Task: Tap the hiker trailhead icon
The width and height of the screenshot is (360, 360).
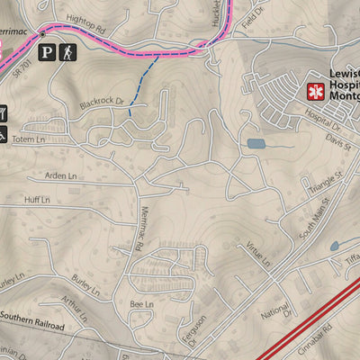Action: [x=68, y=53]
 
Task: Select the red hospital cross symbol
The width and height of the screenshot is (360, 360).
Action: [x=315, y=91]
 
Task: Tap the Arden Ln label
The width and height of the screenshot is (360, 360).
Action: [x=55, y=176]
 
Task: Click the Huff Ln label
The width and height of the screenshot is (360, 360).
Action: [x=37, y=200]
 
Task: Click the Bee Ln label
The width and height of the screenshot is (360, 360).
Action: [x=142, y=305]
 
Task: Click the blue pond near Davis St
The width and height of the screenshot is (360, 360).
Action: [x=256, y=142]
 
